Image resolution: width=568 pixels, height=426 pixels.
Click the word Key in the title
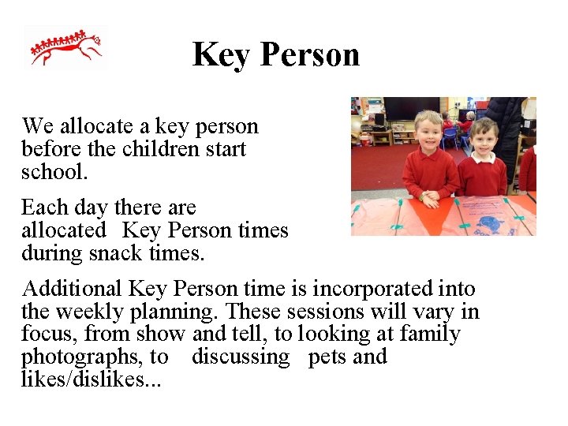point(221,54)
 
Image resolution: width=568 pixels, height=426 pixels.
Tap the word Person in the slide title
point(309,54)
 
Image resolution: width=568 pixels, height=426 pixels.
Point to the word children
point(163,149)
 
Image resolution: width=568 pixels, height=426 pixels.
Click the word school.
point(52,171)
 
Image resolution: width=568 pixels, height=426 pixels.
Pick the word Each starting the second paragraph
point(43,207)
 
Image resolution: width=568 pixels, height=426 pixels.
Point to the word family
point(430,334)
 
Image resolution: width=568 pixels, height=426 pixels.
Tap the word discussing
point(241,357)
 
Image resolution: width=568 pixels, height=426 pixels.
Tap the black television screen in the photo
point(411,108)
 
